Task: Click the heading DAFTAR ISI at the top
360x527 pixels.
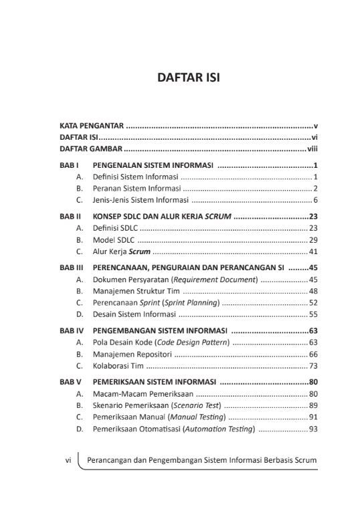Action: (x=188, y=78)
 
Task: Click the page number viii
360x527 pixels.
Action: (x=312, y=148)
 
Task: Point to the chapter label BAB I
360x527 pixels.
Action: (x=70, y=165)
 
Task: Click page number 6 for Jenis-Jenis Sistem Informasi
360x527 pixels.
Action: (x=315, y=200)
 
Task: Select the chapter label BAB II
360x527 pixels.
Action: (x=70, y=217)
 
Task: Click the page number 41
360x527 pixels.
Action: (x=313, y=251)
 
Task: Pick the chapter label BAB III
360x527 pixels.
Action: (x=71, y=268)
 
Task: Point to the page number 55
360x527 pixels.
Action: (x=313, y=314)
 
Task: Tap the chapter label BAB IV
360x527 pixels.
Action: (x=71, y=330)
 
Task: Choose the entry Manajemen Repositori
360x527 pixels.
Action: (x=132, y=354)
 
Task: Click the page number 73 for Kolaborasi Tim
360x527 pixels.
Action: (x=313, y=366)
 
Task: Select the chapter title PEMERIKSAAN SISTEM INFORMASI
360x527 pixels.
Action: (x=154, y=382)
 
